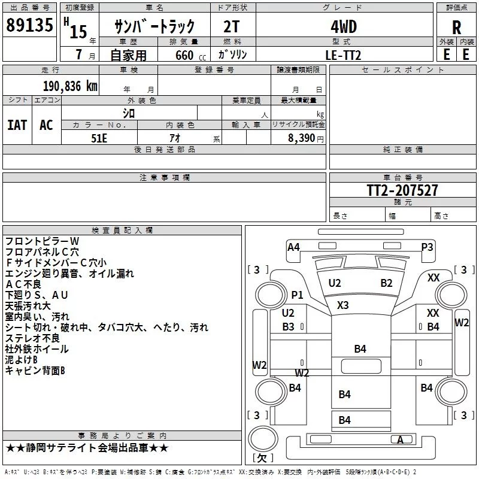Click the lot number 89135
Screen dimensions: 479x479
point(29,25)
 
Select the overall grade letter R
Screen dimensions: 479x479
point(456,27)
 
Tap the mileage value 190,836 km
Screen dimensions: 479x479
point(70,86)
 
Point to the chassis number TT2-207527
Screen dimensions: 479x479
point(402,190)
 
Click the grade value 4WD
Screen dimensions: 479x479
point(344,27)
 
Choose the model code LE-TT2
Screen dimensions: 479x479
point(343,55)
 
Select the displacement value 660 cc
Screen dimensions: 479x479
point(190,56)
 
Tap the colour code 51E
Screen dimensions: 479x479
point(99,138)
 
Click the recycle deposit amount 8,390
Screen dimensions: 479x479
point(301,138)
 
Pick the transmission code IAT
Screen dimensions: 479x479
point(17,125)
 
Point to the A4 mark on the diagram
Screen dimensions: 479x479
point(293,247)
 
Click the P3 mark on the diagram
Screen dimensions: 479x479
point(427,247)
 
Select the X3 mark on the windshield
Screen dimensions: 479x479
point(342,305)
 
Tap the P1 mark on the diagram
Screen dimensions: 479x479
point(297,295)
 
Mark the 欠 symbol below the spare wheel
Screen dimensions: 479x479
point(262,457)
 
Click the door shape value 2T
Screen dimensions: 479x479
point(231,27)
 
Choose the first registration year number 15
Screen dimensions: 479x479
point(78,32)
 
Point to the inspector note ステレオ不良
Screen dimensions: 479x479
point(32,338)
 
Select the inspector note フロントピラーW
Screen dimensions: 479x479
point(42,241)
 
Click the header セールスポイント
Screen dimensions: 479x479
point(402,70)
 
